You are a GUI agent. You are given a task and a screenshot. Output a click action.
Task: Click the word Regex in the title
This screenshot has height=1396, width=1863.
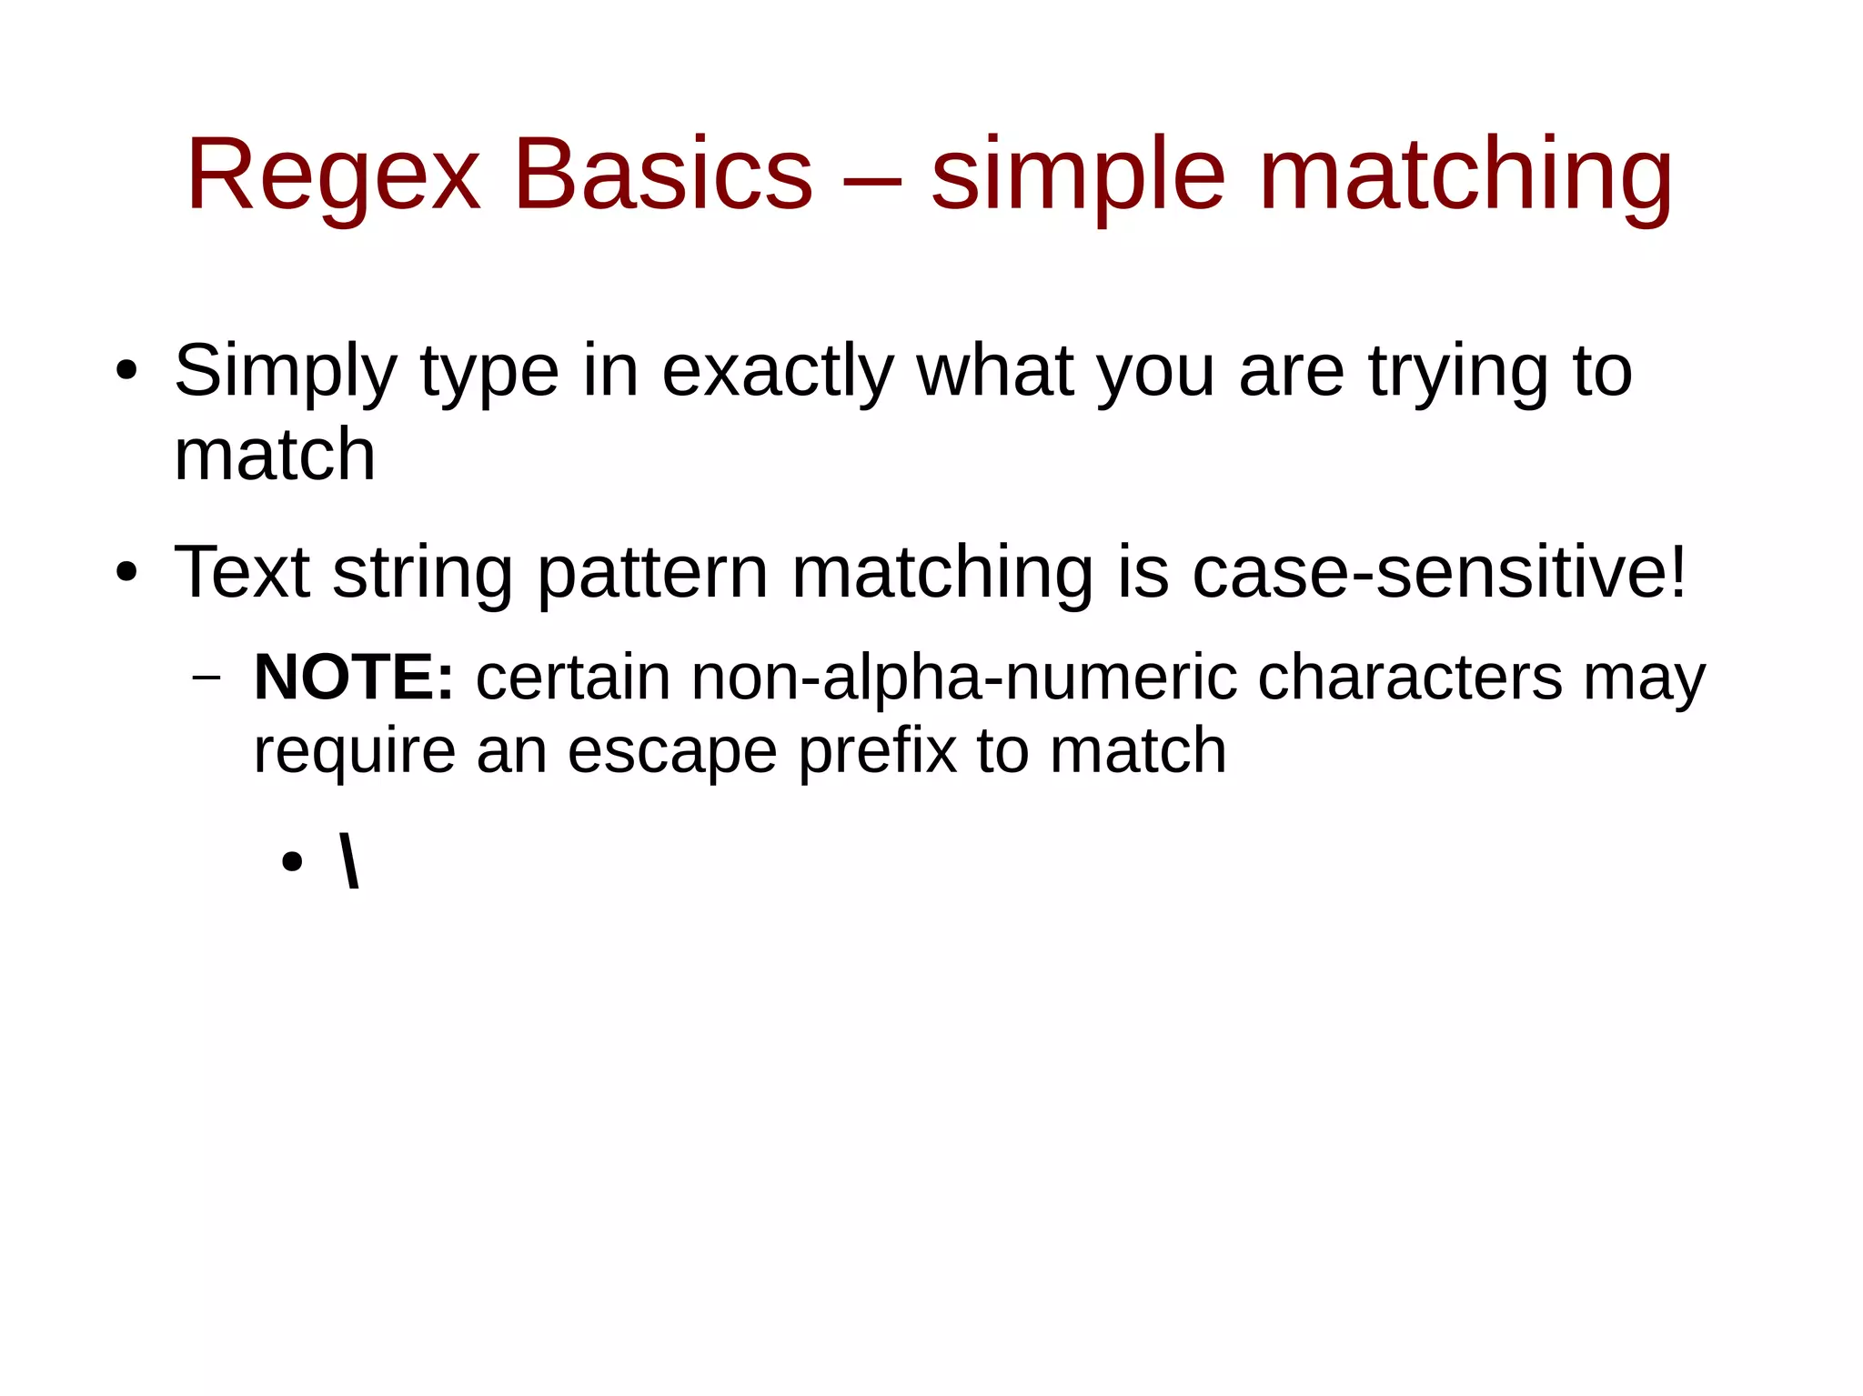click(332, 175)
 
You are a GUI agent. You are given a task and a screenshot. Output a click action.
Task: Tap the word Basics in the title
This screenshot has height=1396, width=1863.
click(662, 175)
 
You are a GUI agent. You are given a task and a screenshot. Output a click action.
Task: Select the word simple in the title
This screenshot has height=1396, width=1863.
click(1078, 175)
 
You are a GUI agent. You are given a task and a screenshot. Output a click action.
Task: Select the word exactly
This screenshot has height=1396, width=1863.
click(778, 371)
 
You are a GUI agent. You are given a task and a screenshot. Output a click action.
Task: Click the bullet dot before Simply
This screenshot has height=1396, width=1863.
click(126, 371)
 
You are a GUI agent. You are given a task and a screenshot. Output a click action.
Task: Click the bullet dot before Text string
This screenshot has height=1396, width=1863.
click(126, 573)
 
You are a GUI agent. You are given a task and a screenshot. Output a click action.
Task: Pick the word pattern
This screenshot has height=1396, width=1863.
click(653, 573)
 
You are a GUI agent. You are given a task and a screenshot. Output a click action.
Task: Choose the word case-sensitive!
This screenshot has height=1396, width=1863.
click(1439, 573)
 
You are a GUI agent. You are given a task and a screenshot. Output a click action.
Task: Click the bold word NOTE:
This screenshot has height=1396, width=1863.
click(353, 678)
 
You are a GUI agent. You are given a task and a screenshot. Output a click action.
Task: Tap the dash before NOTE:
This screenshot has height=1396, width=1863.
click(207, 678)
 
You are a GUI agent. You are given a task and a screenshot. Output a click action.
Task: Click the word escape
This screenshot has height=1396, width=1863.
click(672, 751)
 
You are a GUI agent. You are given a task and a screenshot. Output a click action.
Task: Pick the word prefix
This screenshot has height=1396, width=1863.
click(877, 751)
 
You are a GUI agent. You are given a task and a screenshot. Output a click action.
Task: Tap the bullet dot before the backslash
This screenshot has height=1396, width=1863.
click(292, 861)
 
